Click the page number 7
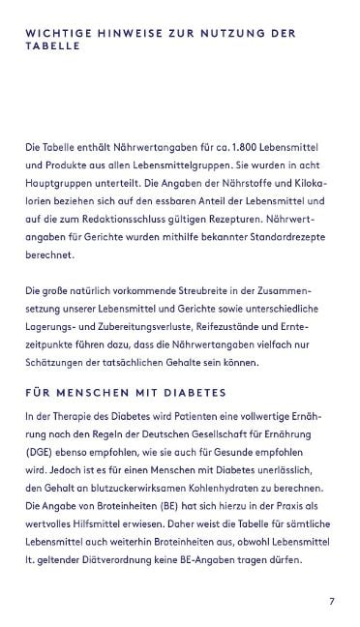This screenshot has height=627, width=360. (x=331, y=601)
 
